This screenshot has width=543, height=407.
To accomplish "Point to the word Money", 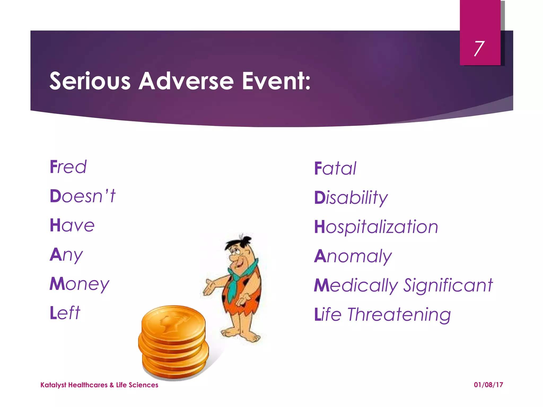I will tap(79, 284).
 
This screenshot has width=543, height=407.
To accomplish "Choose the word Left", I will tap(65, 313).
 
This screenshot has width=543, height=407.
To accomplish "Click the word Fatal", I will tap(335, 169).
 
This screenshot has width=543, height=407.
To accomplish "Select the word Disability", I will tap(351, 198).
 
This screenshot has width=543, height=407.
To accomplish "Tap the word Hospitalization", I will tap(376, 227).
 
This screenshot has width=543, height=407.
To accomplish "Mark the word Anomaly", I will tap(353, 256).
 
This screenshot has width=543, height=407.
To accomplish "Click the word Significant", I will tap(448, 286).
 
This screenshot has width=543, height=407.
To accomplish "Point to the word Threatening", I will tap(399, 315).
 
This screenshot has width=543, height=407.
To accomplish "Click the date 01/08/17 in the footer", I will tap(488, 385).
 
